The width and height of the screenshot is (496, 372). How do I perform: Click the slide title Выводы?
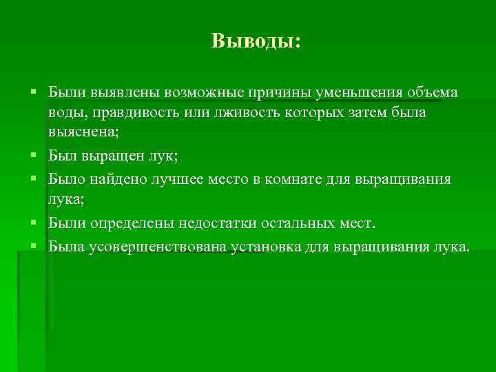(x=256, y=41)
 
